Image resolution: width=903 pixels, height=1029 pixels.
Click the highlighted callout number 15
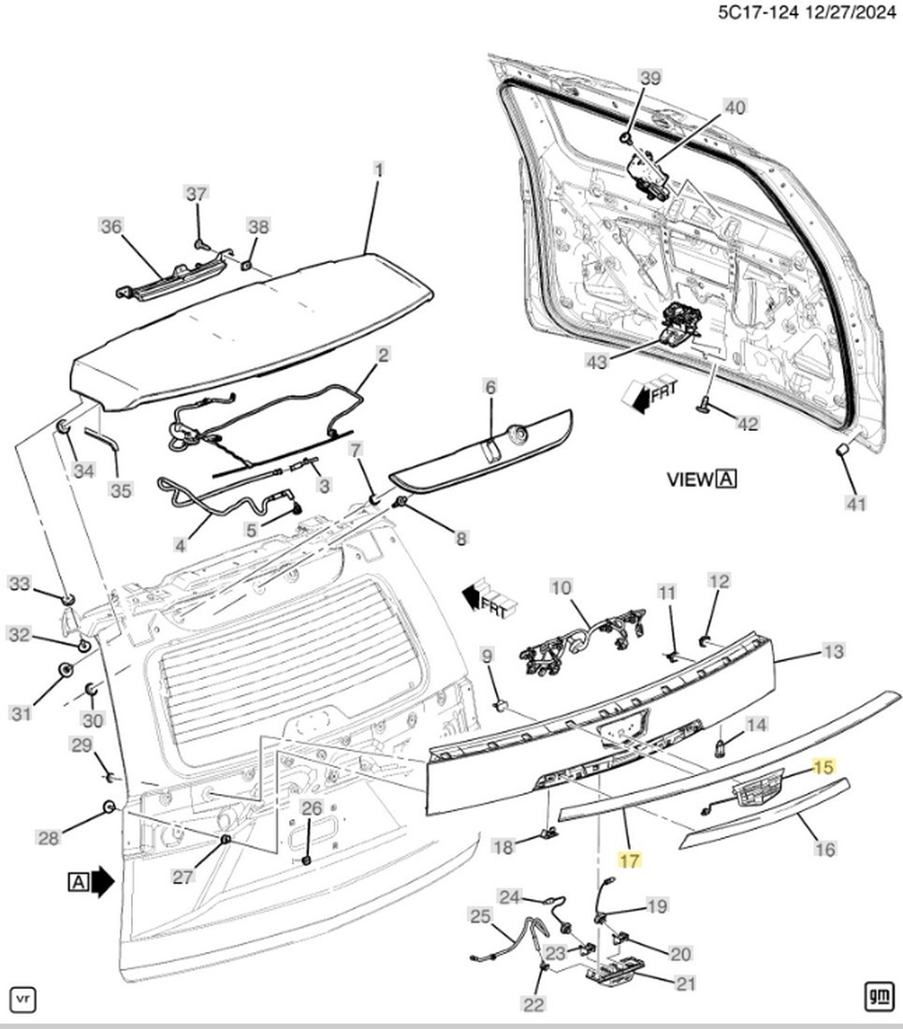click(823, 767)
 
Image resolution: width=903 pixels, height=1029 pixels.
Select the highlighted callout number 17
click(630, 860)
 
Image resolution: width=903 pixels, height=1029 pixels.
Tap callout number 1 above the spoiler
click(378, 170)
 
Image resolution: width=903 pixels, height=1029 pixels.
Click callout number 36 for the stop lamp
click(110, 227)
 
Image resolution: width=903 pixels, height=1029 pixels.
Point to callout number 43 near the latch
click(597, 360)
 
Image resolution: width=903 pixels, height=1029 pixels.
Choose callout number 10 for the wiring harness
click(561, 587)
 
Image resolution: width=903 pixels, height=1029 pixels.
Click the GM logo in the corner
click(879, 997)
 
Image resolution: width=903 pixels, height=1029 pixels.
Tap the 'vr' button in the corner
click(23, 999)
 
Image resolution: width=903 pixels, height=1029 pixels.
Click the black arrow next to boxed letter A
click(102, 881)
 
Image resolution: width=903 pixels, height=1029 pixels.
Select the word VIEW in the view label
click(689, 479)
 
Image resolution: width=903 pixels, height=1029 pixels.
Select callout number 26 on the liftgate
click(313, 808)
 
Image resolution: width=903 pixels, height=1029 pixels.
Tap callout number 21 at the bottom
click(686, 983)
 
